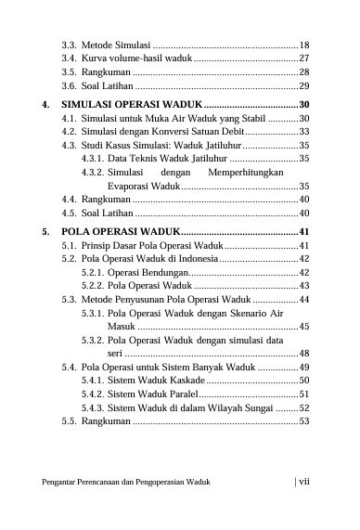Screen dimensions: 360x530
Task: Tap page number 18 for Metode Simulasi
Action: pyautogui.click(x=303, y=45)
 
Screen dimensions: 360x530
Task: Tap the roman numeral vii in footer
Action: pyautogui.click(x=302, y=482)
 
